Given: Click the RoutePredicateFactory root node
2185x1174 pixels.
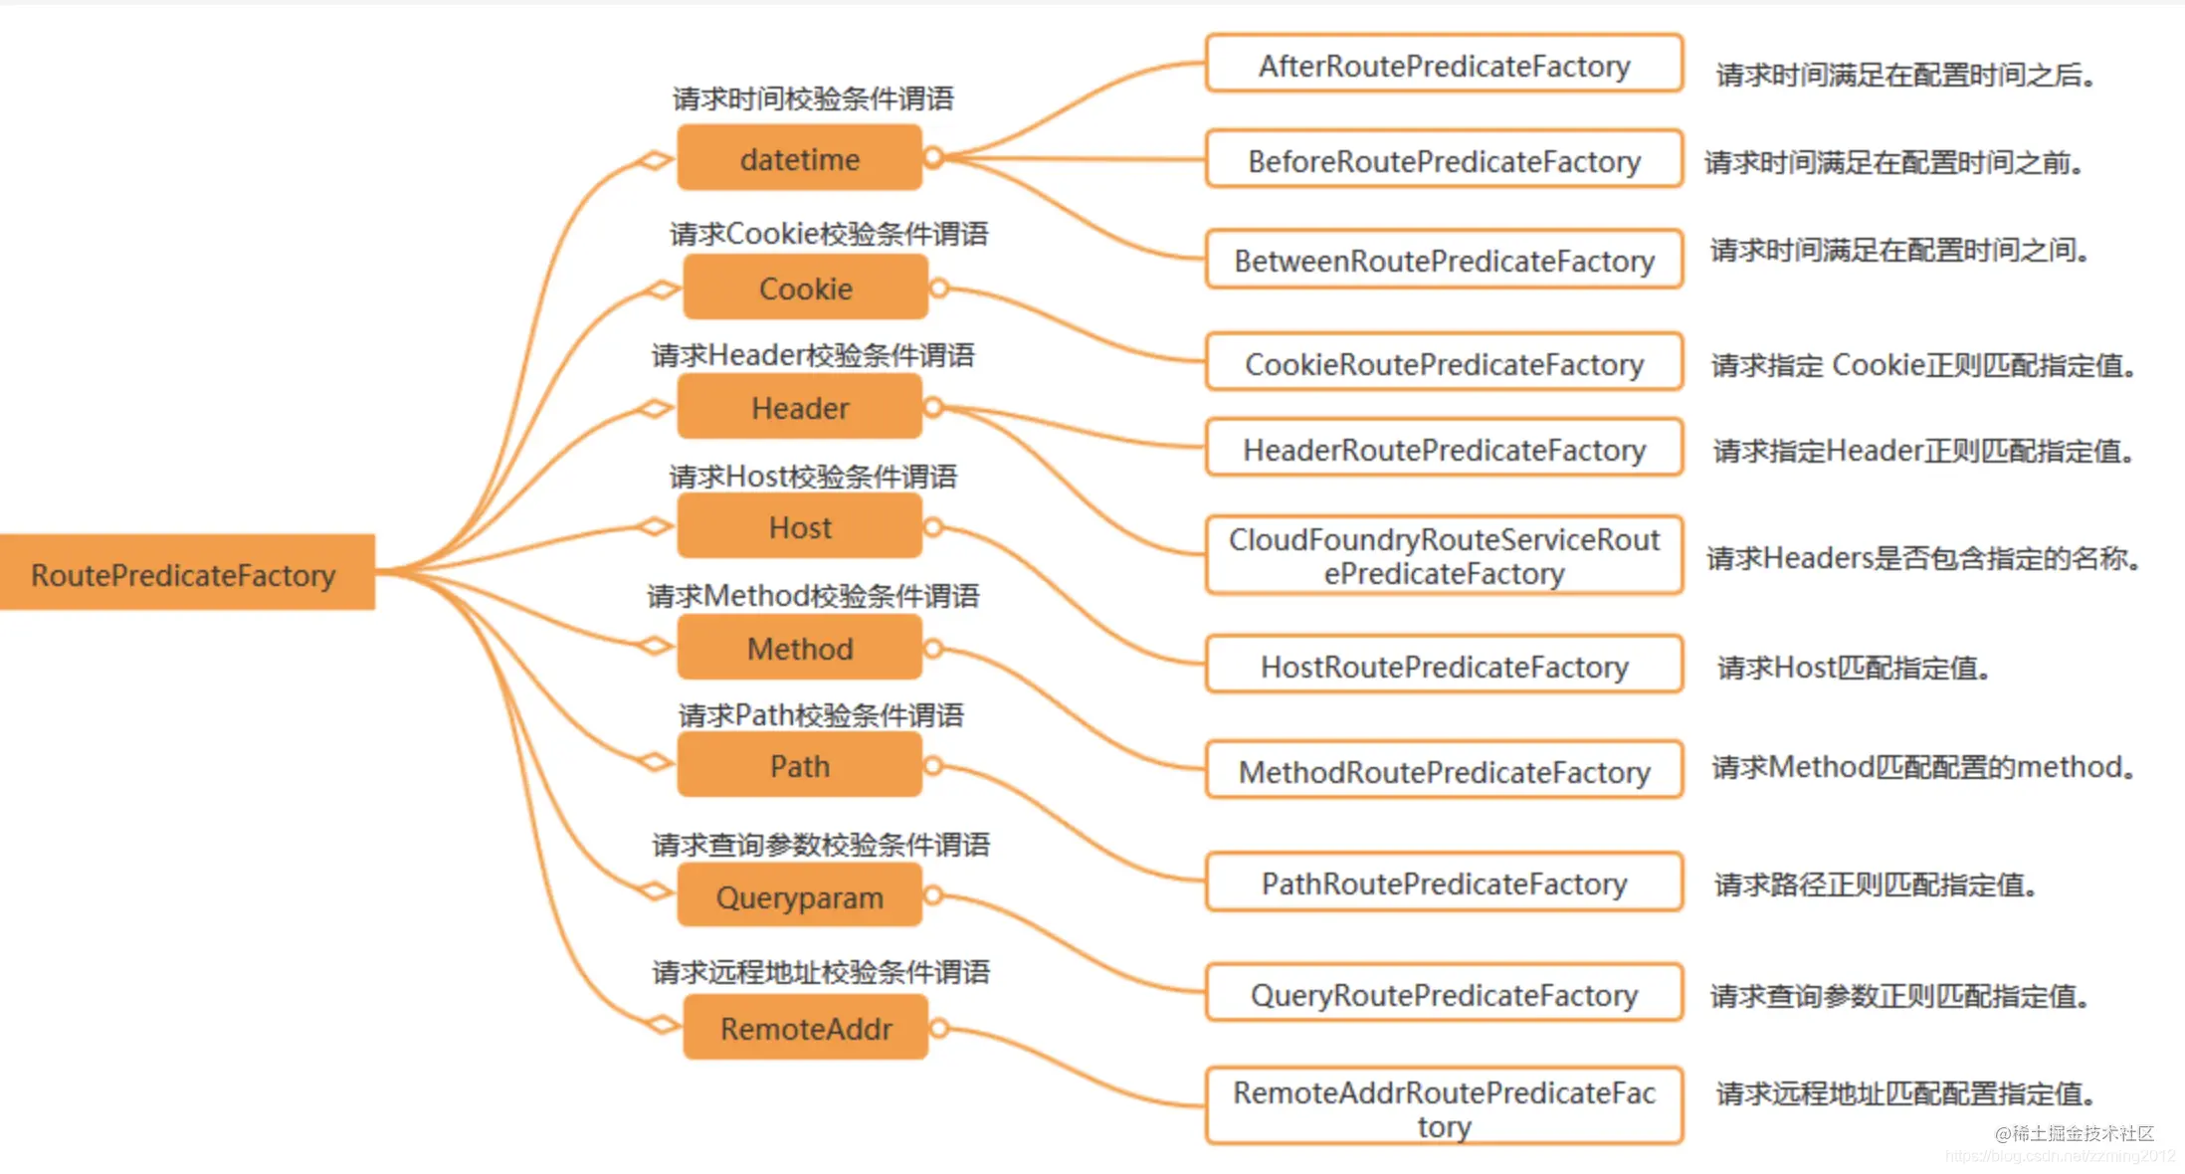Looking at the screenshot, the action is click(187, 572).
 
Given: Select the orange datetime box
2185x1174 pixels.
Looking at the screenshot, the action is click(800, 157).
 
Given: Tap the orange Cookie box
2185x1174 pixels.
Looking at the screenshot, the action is click(806, 288).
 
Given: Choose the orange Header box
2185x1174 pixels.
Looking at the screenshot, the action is click(800, 407).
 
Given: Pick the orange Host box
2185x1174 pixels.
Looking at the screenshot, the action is click(800, 526).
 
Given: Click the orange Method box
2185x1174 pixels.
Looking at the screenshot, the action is click(800, 648).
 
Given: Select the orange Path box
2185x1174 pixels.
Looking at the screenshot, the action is click(800, 765).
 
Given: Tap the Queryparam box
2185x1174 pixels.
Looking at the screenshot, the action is click(800, 895).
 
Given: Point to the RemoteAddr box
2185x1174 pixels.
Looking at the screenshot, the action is click(806, 1027).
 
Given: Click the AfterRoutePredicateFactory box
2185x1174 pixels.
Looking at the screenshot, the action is click(1444, 64).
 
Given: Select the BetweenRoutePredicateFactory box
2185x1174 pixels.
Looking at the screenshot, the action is click(1444, 260).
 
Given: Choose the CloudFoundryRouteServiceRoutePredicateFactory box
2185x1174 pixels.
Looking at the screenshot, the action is click(1444, 555).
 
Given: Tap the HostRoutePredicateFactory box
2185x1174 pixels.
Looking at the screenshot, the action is click(1444, 665).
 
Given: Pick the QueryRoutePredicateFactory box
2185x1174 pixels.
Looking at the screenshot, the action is click(1444, 993).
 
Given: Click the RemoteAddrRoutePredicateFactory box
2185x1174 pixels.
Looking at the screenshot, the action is click(1444, 1106).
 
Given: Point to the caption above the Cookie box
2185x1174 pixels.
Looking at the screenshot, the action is click(829, 234).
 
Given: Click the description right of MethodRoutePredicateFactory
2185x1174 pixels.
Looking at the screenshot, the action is click(1923, 767).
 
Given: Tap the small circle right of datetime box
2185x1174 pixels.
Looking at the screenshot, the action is click(933, 157).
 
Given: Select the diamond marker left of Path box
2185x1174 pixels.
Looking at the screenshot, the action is click(655, 763).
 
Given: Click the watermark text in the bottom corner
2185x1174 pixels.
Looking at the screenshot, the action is click(2075, 1133).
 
